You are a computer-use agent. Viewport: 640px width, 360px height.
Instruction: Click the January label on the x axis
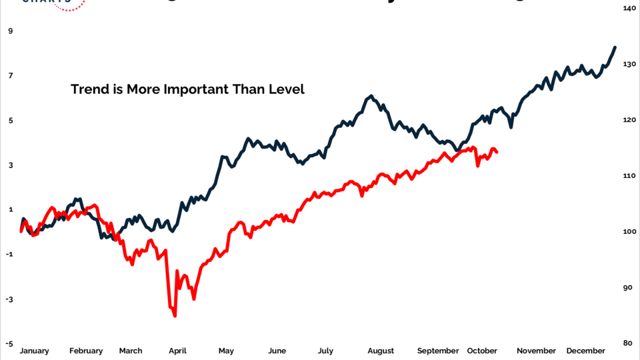34,351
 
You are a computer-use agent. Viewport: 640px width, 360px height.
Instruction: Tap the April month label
177,351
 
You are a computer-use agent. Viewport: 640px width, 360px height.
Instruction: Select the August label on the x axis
381,351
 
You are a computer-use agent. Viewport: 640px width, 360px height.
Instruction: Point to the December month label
585,351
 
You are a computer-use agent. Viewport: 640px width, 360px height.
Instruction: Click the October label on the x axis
482,351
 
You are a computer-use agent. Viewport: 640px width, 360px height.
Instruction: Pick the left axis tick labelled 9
10,31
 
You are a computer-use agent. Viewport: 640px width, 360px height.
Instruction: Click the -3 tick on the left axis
9,299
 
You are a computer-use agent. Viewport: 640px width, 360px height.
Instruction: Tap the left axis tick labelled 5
10,121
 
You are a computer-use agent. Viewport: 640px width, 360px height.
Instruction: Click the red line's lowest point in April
175,315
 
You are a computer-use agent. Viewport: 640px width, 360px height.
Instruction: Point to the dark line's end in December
615,47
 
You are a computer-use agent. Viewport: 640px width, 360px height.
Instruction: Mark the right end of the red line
497,153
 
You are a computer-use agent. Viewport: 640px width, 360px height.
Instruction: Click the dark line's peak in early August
371,97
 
